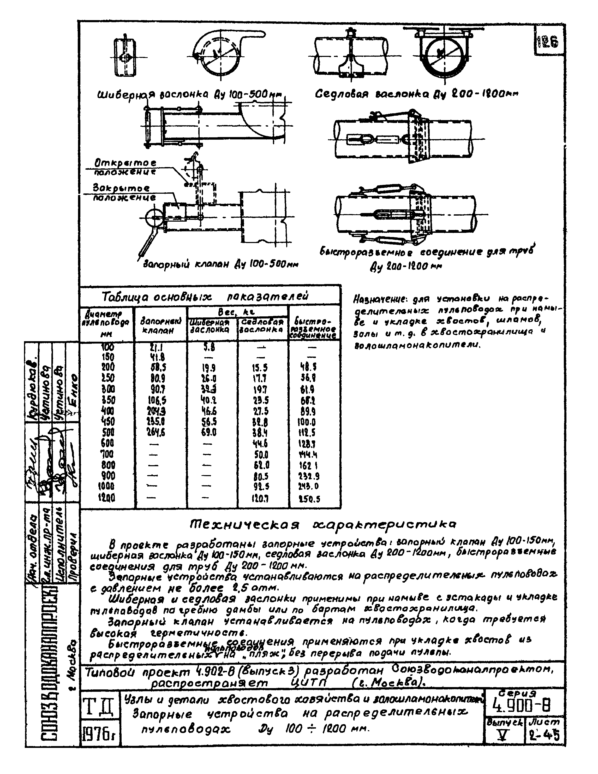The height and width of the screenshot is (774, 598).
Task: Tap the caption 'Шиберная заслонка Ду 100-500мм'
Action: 191,95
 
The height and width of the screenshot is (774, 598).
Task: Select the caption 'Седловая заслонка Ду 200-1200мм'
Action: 417,94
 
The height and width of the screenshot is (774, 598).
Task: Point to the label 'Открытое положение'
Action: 125,167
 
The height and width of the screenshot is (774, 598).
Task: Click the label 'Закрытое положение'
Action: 124,192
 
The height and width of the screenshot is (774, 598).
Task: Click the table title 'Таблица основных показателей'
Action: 205,296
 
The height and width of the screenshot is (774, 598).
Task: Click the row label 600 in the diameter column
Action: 107,443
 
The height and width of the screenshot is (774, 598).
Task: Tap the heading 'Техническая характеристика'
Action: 323,524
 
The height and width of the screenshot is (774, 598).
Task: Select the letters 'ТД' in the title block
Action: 98,707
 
